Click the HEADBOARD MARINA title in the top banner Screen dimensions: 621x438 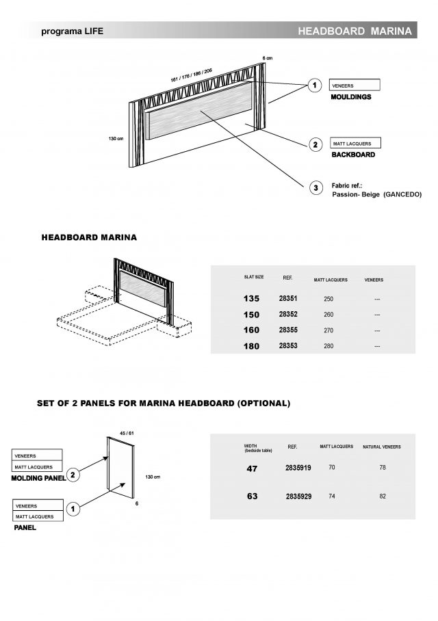coord(355,31)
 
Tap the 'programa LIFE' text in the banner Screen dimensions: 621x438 coord(72,31)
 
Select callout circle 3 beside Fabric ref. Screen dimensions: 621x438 coord(315,188)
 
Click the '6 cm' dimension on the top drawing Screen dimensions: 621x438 coord(267,57)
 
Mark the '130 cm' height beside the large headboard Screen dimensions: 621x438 coord(115,139)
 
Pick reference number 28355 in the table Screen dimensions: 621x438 coord(288,330)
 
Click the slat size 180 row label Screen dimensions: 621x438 coord(252,347)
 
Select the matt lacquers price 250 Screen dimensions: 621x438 coord(328,299)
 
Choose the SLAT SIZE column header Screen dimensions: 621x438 coord(254,277)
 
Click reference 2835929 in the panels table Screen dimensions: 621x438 coord(298,496)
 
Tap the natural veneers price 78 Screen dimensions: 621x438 coord(382,468)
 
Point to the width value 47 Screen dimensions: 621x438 coord(252,469)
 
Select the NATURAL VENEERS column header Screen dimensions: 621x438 coord(381,447)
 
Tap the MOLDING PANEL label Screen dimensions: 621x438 coord(38,479)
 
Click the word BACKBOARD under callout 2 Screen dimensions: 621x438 coord(353,155)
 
